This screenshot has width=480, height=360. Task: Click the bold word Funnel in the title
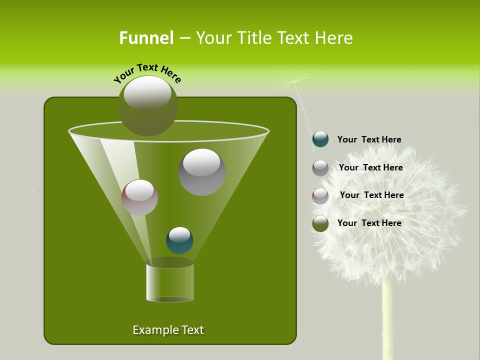(146, 38)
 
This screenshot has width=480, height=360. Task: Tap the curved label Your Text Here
(147, 72)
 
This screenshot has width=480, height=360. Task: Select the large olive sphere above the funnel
(148, 105)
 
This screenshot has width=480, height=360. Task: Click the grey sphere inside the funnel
(201, 171)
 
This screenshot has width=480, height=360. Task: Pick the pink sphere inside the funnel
(139, 197)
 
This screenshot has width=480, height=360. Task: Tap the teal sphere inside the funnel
(179, 240)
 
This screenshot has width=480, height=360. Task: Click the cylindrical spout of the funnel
(169, 282)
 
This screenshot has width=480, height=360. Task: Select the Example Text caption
(168, 330)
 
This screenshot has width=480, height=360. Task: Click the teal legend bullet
(320, 139)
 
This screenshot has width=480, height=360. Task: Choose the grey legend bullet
(320, 168)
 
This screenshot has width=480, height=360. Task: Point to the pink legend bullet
(320, 196)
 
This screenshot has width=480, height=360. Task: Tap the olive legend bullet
(320, 223)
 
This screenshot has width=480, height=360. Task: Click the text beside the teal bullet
(369, 140)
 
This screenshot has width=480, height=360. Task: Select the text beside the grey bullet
(370, 168)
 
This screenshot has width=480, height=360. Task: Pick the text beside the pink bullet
(371, 195)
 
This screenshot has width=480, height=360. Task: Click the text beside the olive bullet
(369, 223)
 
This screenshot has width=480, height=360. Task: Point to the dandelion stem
(386, 320)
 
